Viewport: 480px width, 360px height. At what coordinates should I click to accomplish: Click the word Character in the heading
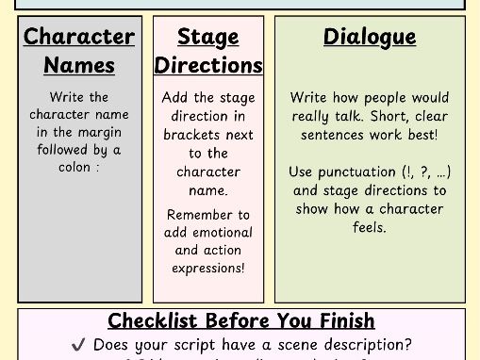coord(79,37)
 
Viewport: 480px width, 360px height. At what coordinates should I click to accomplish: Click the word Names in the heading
coord(79,65)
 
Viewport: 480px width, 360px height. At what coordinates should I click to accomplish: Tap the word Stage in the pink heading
coord(207,37)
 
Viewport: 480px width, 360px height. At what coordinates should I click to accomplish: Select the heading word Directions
coord(208,65)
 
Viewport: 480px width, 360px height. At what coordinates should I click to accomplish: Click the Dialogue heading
coord(370,37)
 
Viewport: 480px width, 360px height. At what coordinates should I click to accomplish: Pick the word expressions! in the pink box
coord(208,269)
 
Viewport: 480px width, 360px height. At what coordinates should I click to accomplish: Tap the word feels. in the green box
coord(370,227)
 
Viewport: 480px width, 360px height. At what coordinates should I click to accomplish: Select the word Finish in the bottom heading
coord(340,321)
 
